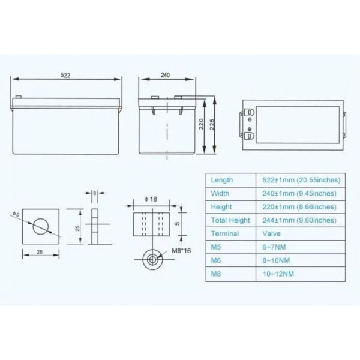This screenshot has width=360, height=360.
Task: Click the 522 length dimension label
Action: tap(65, 76)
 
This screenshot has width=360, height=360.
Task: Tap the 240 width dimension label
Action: tap(166, 75)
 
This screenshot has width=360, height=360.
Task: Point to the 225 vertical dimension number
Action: tap(212, 124)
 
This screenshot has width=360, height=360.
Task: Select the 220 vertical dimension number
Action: tap(201, 124)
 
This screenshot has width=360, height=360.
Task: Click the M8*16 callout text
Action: tap(181, 251)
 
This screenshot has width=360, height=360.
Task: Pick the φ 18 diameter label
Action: tap(151, 199)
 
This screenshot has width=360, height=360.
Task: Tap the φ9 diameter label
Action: tap(16, 214)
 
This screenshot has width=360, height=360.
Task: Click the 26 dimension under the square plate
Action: tap(40, 252)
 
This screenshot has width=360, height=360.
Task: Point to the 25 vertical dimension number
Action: tap(77, 228)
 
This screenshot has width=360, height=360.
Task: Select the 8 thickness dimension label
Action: tap(95, 193)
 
